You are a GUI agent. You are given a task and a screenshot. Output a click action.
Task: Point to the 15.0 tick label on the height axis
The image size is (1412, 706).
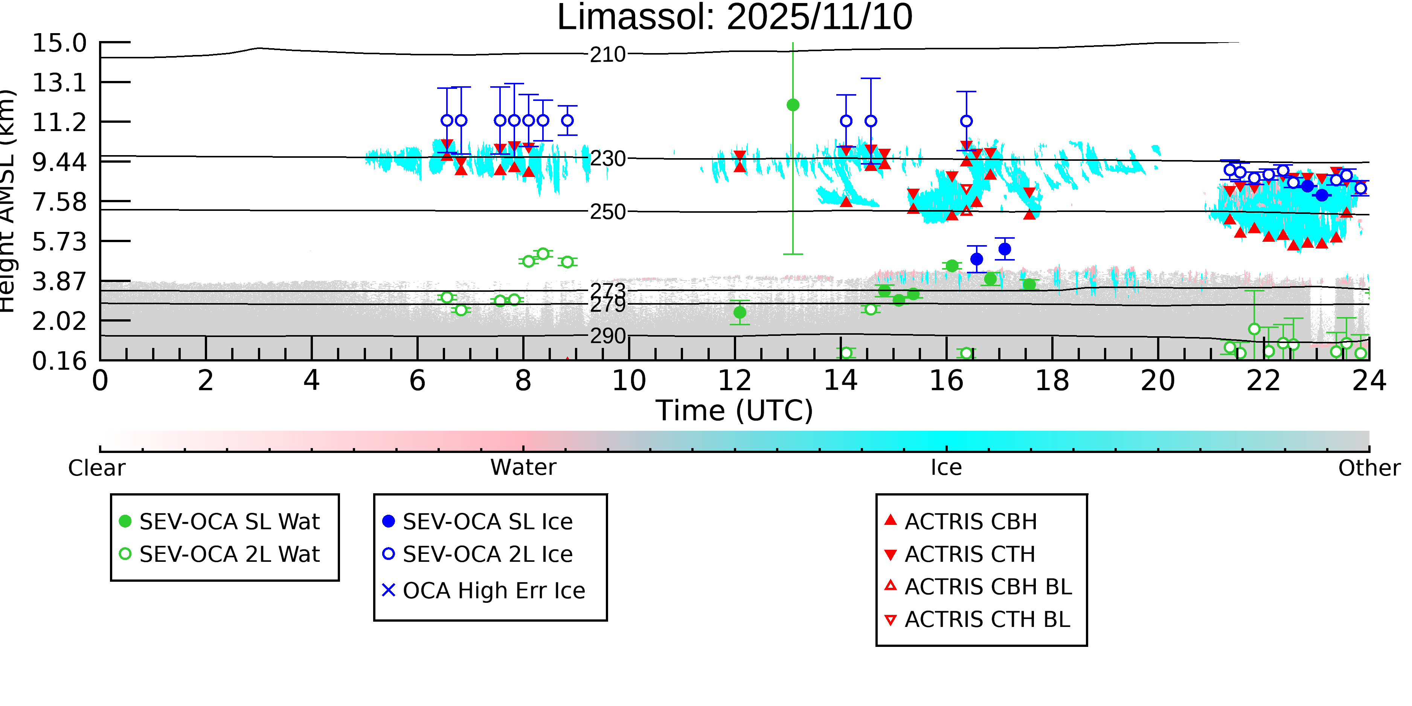pos(59,43)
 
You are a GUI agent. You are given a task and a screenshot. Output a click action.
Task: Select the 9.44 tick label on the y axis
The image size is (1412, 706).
pos(59,162)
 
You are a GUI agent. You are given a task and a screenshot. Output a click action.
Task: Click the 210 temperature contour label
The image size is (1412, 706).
pos(607,55)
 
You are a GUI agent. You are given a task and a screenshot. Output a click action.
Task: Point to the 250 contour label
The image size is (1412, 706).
pos(607,212)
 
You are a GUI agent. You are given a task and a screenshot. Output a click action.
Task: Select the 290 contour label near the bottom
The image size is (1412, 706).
pos(607,336)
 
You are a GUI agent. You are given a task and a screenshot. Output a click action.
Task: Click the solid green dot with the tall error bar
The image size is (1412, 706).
pos(793,105)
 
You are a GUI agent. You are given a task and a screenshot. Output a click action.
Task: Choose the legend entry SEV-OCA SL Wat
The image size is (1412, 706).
pos(229,521)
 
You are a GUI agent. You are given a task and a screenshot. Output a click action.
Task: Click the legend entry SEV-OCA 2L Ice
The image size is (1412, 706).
pos(487,554)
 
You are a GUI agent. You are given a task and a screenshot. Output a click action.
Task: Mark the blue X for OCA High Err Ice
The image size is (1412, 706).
pos(389,590)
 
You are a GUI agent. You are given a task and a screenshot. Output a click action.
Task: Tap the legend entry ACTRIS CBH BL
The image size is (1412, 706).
pos(988,587)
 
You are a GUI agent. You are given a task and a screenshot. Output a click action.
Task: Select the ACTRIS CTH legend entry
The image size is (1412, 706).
pos(970,554)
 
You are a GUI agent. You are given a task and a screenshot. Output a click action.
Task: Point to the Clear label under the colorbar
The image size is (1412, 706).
pos(96,468)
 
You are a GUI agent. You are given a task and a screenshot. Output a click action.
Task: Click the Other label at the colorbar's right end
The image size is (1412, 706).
pos(1369,468)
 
